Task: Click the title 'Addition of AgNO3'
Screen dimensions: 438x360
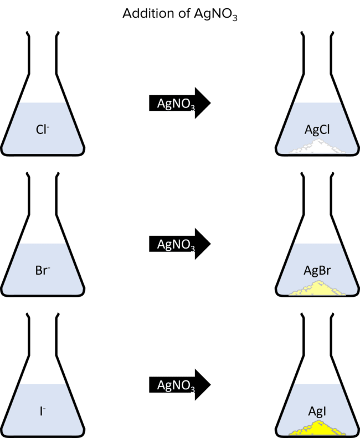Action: point(179,13)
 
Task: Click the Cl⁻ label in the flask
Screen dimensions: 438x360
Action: point(43,130)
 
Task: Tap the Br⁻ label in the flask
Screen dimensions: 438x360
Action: point(43,271)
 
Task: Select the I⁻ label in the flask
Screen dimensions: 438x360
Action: point(43,411)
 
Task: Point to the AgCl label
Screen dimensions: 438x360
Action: point(317,130)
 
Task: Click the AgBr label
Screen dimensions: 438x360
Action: point(317,271)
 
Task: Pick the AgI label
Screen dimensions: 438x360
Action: point(317,411)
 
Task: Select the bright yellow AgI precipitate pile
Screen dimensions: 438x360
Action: point(317,427)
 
